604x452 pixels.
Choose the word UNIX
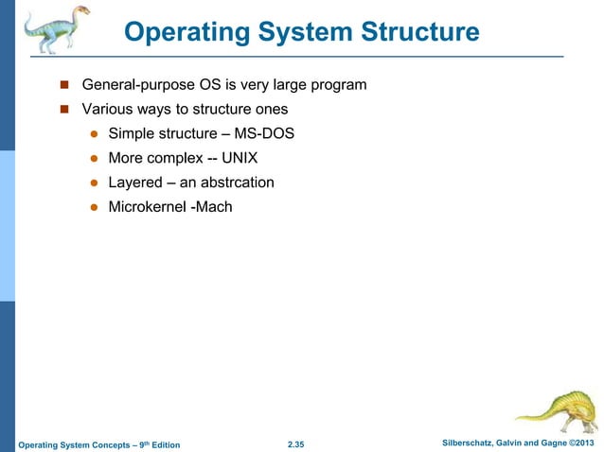[245, 157]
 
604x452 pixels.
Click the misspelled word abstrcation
[237, 182]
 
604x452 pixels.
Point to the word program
[338, 85]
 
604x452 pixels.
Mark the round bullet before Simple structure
[95, 133]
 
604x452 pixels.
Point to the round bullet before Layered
[95, 183]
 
